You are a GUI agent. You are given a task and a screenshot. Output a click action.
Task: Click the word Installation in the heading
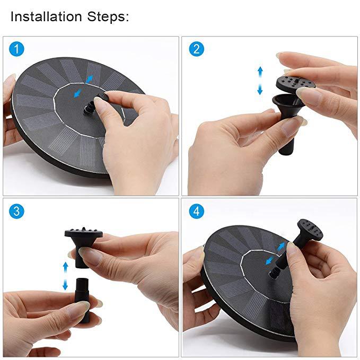pyautogui.click(x=45, y=16)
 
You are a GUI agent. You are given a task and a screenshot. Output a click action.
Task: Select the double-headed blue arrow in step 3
pyautogui.click(x=65, y=276)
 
